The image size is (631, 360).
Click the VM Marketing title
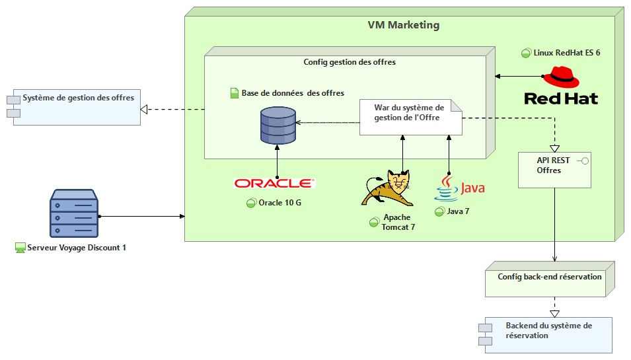(403, 25)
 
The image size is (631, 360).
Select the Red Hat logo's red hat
(561, 77)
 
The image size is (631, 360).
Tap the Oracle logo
(274, 183)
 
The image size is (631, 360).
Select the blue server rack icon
(73, 214)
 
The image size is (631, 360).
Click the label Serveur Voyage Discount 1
(76, 248)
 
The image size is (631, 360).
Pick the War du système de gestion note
(410, 117)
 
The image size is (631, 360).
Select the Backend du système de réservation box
(547, 334)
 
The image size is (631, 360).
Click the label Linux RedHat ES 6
(566, 52)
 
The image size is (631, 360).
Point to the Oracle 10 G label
(279, 203)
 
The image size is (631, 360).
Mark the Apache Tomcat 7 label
(396, 222)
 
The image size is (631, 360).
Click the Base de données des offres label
(292, 93)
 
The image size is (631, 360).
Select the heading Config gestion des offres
(350, 62)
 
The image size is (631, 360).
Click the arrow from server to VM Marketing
(142, 216)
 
